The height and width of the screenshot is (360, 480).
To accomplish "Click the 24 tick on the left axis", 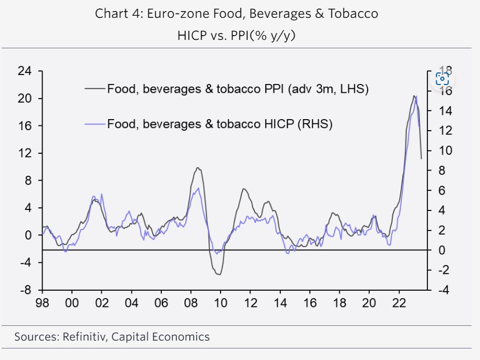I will pyautogui.click(x=25, y=71).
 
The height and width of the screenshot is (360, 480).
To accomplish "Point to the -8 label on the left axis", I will pyautogui.click(x=25, y=290).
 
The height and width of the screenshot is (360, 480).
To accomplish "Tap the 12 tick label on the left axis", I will pyautogui.click(x=25, y=153).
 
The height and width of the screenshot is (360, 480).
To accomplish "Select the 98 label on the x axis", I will pyautogui.click(x=42, y=303).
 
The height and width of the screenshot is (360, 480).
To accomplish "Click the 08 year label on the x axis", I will pyautogui.click(x=191, y=303).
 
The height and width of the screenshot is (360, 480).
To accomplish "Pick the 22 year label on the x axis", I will pyautogui.click(x=400, y=303).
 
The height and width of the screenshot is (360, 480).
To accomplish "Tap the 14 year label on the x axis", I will pyautogui.click(x=280, y=303).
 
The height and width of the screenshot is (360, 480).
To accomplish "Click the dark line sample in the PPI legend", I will pyautogui.click(x=96, y=89).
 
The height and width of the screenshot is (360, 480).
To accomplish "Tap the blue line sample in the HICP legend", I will pyautogui.click(x=96, y=124).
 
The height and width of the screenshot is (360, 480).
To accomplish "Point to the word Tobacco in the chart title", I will pyautogui.click(x=353, y=14).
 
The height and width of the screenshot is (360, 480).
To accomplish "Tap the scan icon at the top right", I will pyautogui.click(x=442, y=79).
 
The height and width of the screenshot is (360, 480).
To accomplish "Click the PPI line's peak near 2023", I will pyautogui.click(x=414, y=96).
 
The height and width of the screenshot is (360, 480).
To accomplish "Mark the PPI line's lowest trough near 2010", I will pyautogui.click(x=219, y=274).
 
